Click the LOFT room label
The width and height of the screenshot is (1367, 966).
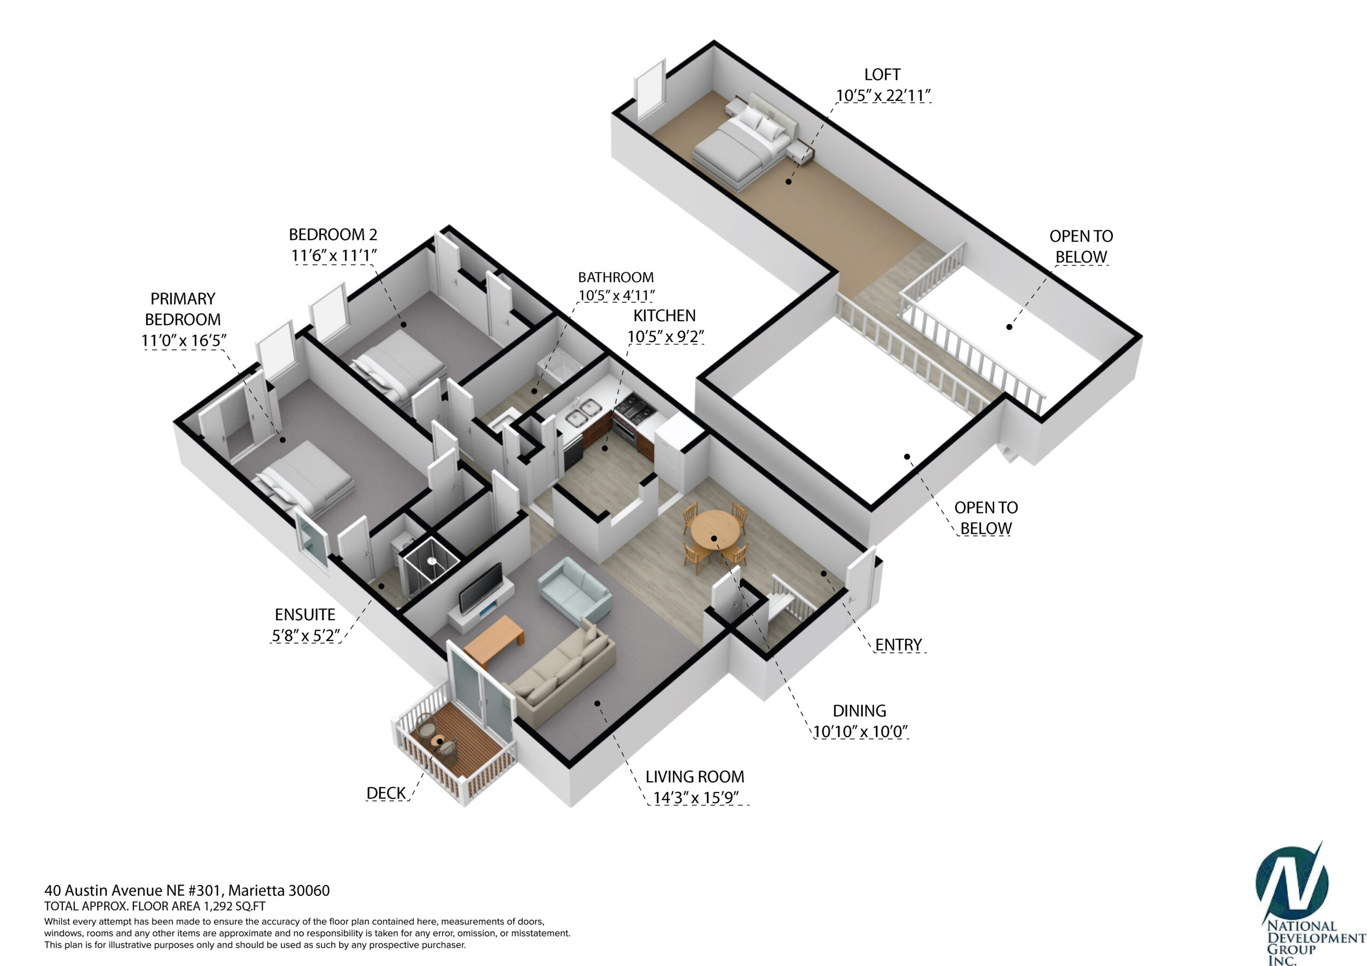point(882,75)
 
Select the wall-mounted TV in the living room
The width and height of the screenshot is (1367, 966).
point(481,588)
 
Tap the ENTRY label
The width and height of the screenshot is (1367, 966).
point(899,645)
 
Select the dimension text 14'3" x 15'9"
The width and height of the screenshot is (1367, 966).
point(696,797)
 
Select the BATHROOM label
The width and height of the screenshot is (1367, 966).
point(616,278)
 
